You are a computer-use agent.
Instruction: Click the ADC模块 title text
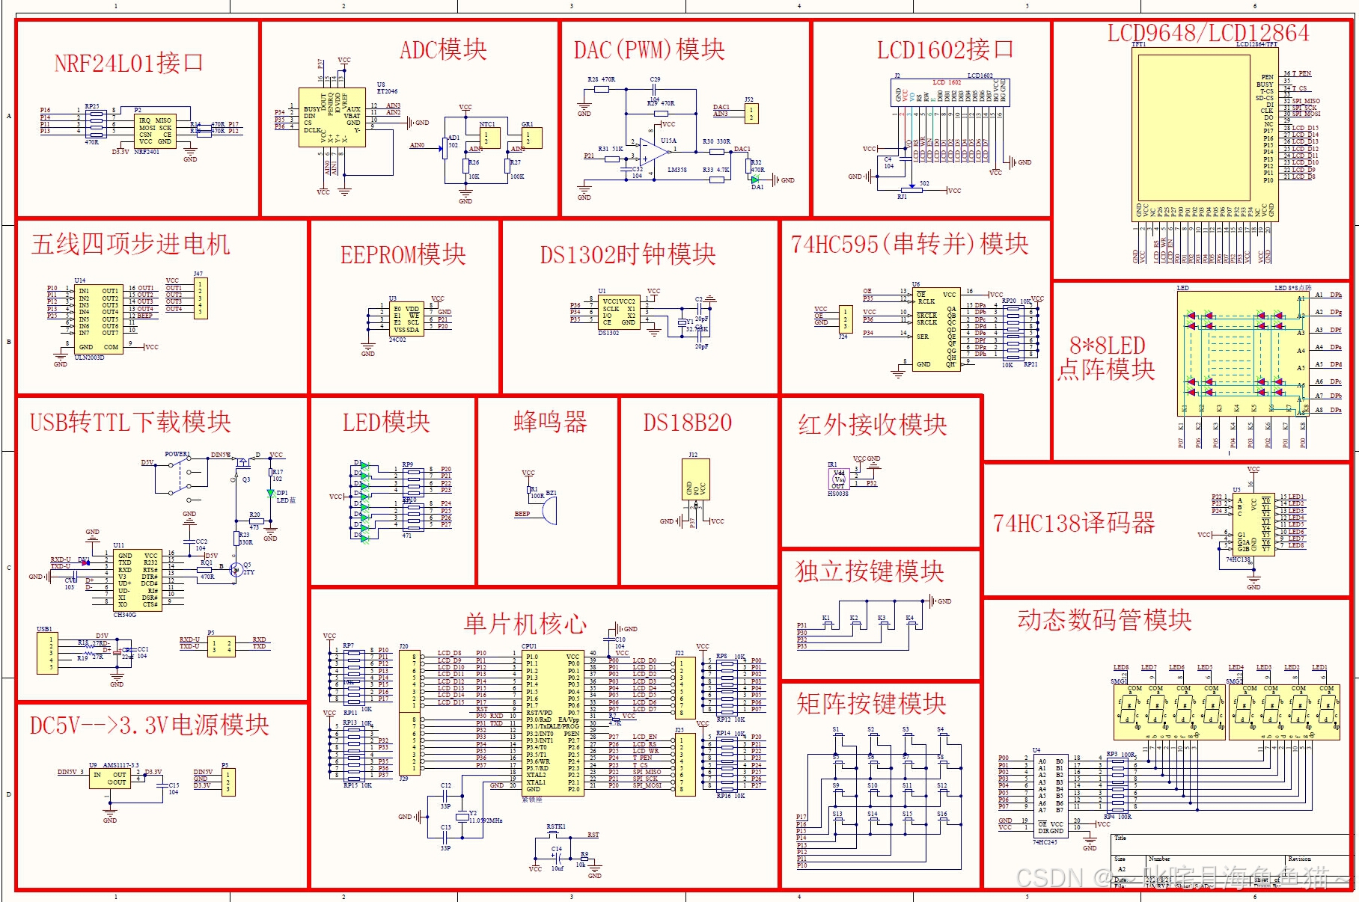(443, 50)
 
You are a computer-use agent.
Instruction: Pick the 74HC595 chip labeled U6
(935, 329)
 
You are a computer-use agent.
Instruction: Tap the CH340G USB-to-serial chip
(138, 580)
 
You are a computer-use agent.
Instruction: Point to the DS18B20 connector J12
(695, 479)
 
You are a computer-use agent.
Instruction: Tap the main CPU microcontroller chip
(552, 722)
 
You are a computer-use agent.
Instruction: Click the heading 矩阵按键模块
(871, 704)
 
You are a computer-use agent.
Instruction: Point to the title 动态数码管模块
(1104, 620)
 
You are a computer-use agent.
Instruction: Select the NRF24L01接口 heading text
(129, 63)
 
